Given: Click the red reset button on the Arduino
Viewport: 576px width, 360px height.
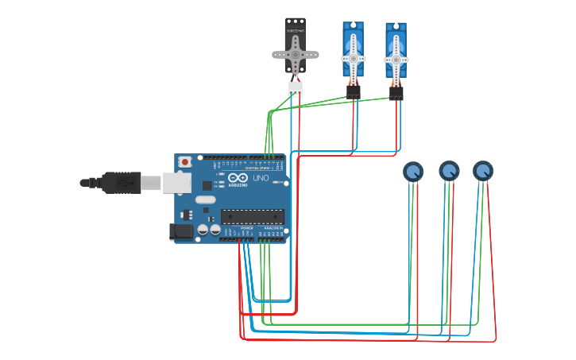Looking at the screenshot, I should pyautogui.click(x=185, y=162).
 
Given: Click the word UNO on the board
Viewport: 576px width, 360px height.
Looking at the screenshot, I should pyautogui.click(x=261, y=178).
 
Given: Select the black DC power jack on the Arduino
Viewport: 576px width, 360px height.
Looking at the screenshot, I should pyautogui.click(x=182, y=231).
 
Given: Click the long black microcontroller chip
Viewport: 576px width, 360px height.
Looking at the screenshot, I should pyautogui.click(x=252, y=215).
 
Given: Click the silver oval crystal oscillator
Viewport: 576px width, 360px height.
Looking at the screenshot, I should pyautogui.click(x=205, y=199).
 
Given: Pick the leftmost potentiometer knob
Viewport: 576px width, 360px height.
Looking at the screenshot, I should pyautogui.click(x=413, y=171).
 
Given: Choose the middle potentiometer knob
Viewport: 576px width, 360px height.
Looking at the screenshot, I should pyautogui.click(x=449, y=171).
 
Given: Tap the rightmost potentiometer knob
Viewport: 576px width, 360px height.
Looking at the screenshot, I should pyautogui.click(x=483, y=171).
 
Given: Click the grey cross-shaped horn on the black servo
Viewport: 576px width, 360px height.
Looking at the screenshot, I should pyautogui.click(x=296, y=55).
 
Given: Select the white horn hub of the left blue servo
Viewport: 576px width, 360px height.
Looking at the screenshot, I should pyautogui.click(x=354, y=58).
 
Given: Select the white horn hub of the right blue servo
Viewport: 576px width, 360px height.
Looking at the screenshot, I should pyautogui.click(x=396, y=58).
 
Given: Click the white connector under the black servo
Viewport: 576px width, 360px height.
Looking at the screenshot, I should pyautogui.click(x=296, y=89).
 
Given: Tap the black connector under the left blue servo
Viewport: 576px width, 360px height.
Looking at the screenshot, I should pyautogui.click(x=354, y=92).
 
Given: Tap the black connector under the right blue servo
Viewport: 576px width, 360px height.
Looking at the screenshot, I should pyautogui.click(x=396, y=92).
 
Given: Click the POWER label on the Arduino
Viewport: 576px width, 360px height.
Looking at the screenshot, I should pyautogui.click(x=246, y=228).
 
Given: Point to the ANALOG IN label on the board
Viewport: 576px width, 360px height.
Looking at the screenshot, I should pyautogui.click(x=272, y=228).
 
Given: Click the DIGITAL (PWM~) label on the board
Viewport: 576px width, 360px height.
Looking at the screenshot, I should pyautogui.click(x=258, y=168).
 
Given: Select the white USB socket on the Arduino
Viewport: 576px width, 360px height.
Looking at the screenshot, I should pyautogui.click(x=177, y=183).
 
